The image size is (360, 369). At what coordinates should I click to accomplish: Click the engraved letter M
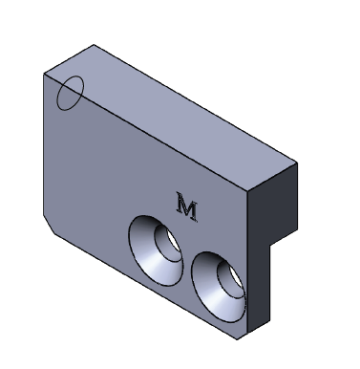(x=187, y=206)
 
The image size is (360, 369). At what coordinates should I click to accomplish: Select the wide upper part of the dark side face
(x=273, y=204)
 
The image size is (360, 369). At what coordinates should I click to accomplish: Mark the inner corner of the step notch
(x=270, y=245)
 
